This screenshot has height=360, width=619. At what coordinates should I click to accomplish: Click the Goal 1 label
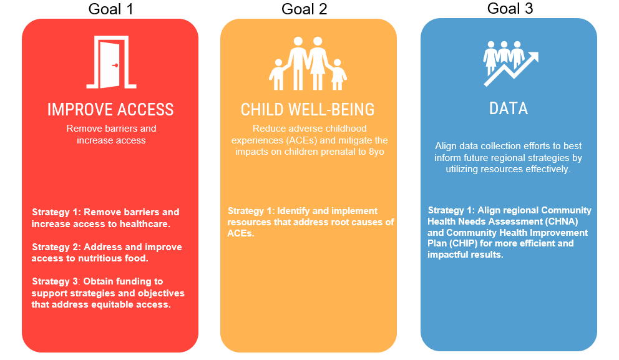point(110,9)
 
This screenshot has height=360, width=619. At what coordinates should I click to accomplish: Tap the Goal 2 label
point(304,9)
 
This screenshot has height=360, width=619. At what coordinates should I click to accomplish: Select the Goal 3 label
point(510,9)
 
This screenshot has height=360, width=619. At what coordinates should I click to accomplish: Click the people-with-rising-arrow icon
point(510,63)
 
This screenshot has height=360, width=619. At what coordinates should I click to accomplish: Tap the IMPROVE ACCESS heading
point(110,110)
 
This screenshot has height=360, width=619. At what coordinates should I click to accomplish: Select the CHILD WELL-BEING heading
point(308,110)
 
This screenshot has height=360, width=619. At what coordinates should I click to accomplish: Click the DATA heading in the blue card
point(509,109)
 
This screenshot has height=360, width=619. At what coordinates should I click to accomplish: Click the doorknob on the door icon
point(115,65)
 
